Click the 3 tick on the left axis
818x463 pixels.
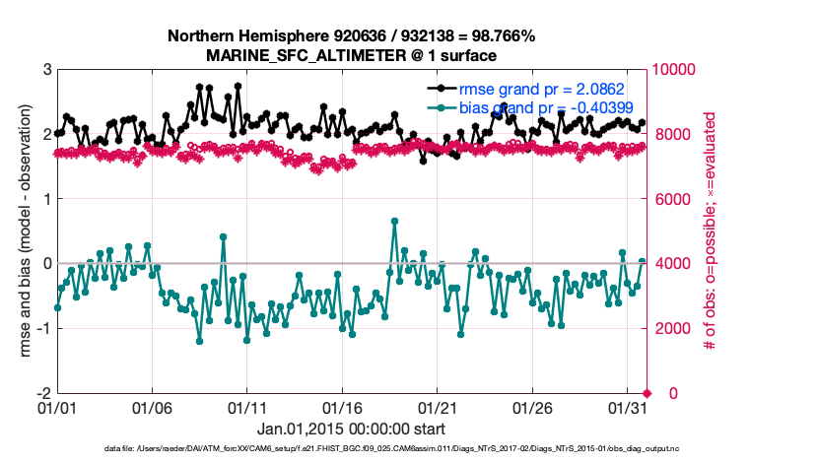coord(46,70)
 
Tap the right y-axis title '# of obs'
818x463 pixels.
coord(708,231)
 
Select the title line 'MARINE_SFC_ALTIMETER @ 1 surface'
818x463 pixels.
coord(352,56)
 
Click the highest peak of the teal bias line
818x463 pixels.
coord(394,221)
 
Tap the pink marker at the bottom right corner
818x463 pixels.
coord(647,393)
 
